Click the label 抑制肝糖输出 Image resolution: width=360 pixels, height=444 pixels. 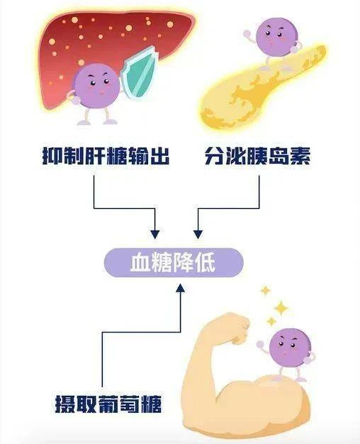[x=106, y=156]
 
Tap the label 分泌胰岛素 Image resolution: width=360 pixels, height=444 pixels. [x=257, y=156]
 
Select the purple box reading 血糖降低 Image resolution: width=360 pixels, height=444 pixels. [x=174, y=263]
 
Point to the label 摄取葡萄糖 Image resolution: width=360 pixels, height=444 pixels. [x=108, y=404]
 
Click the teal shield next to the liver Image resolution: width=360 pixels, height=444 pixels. [x=139, y=74]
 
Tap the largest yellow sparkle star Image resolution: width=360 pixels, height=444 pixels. [x=281, y=308]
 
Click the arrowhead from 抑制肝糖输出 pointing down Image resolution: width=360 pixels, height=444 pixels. [x=155, y=234]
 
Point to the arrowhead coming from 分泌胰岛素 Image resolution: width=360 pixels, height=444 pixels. [x=198, y=234]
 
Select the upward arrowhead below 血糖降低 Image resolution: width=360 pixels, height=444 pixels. [x=181, y=288]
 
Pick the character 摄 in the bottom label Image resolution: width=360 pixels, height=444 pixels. [x=65, y=404]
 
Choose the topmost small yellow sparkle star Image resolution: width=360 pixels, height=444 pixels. [x=265, y=291]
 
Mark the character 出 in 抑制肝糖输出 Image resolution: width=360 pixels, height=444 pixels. [x=160, y=156]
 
